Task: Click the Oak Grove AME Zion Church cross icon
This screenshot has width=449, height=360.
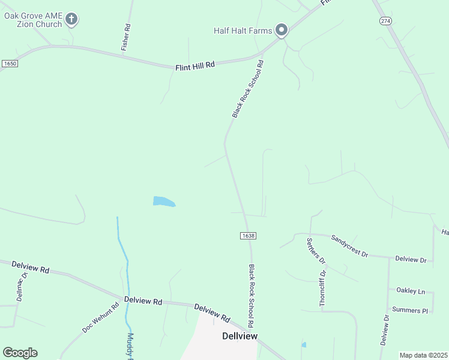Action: [x=71, y=19]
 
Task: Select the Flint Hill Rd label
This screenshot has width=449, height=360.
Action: [x=195, y=65]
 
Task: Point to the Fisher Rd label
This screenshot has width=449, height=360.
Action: [x=126, y=37]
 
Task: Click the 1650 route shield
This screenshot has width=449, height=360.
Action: [x=9, y=63]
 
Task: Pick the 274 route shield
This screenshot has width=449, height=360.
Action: [x=385, y=21]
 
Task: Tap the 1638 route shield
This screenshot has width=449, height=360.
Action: [x=248, y=236]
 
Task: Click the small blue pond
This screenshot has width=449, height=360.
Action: [x=163, y=202]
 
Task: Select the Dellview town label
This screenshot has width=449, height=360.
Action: [x=240, y=336]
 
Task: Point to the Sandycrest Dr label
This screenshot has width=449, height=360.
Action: [x=349, y=245]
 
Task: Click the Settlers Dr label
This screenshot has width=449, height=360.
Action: [x=316, y=252]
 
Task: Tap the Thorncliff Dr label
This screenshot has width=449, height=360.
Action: [x=323, y=289]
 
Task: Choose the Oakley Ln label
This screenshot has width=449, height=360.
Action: [x=411, y=291]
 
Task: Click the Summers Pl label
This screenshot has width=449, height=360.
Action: [x=409, y=310]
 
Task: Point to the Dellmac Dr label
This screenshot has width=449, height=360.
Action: [x=22, y=287]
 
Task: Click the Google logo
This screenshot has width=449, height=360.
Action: [x=20, y=353]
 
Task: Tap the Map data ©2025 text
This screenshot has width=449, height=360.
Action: [x=423, y=355]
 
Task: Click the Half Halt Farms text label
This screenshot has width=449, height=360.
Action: [x=243, y=31]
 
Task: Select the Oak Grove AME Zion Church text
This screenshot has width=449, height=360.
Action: [x=33, y=20]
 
